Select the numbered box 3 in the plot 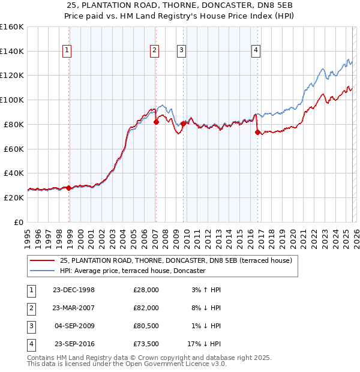181,50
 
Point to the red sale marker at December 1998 69,188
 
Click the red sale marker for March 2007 156,122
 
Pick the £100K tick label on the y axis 12,100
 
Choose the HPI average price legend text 133,271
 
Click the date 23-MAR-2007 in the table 73,307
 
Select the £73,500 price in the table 146,344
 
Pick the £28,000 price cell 146,289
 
